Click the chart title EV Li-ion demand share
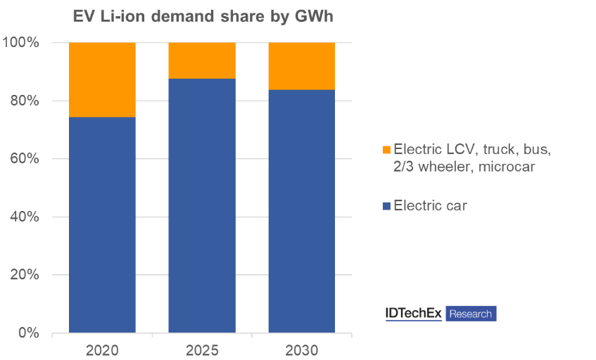(x=203, y=16)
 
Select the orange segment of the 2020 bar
(x=102, y=79)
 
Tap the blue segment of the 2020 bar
(x=102, y=225)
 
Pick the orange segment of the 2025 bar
(x=202, y=60)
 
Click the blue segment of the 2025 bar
(x=202, y=205)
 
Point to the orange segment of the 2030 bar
(x=302, y=66)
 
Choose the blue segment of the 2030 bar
(x=302, y=211)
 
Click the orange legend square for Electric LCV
(x=386, y=150)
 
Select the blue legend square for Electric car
(x=386, y=206)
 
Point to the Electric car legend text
(x=431, y=206)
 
